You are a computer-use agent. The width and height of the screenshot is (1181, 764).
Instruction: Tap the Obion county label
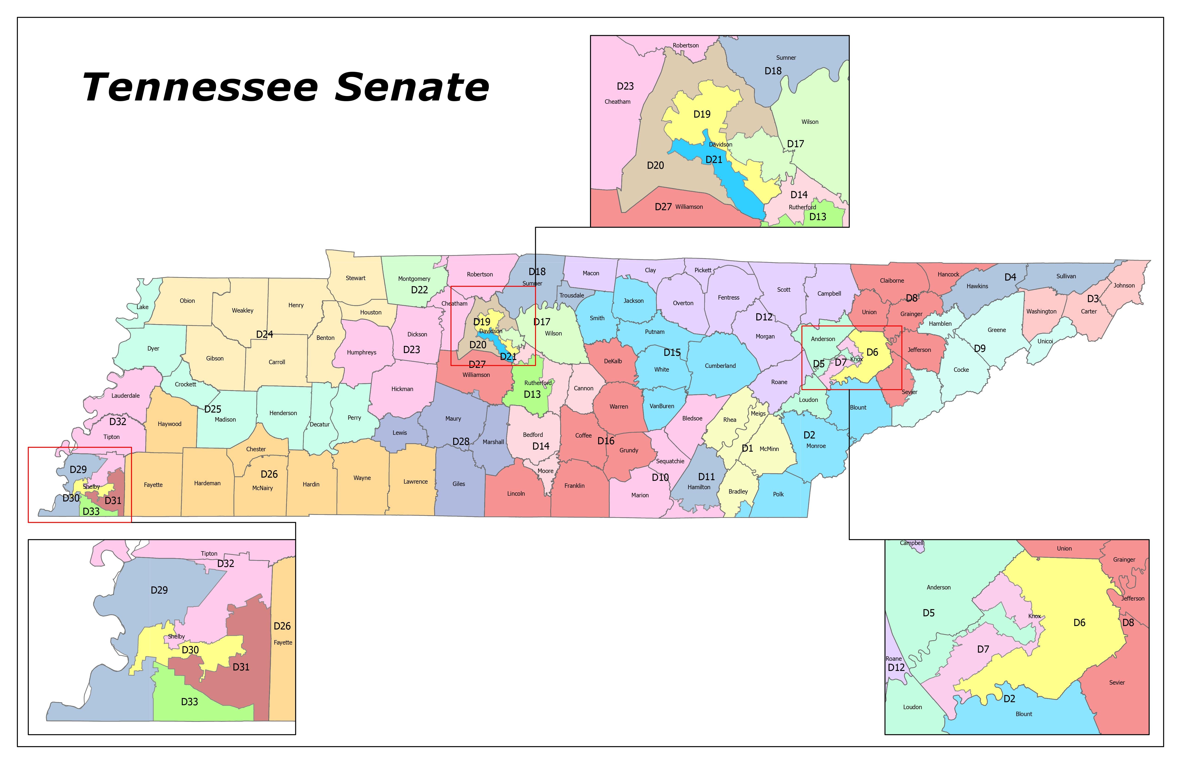pyautogui.click(x=187, y=301)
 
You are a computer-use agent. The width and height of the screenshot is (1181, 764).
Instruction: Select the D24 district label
pyautogui.click(x=264, y=334)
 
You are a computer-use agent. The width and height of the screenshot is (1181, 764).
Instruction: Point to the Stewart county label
pyautogui.click(x=355, y=278)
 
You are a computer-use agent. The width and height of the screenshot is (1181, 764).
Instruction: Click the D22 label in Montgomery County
pyautogui.click(x=419, y=290)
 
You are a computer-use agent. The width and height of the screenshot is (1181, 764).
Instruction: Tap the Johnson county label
pyautogui.click(x=1124, y=286)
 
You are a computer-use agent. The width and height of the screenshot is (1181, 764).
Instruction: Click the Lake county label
pyautogui.click(x=142, y=307)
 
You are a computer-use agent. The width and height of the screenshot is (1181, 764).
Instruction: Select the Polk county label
pyautogui.click(x=778, y=494)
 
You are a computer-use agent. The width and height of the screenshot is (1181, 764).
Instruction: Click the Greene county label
pyautogui.click(x=996, y=330)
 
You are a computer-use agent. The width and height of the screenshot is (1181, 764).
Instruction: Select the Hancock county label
pyautogui.click(x=948, y=274)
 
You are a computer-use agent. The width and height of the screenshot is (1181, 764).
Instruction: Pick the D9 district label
pyautogui.click(x=980, y=349)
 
